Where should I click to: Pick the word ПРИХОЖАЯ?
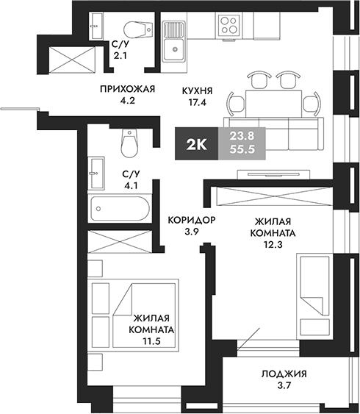[129, 90]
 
